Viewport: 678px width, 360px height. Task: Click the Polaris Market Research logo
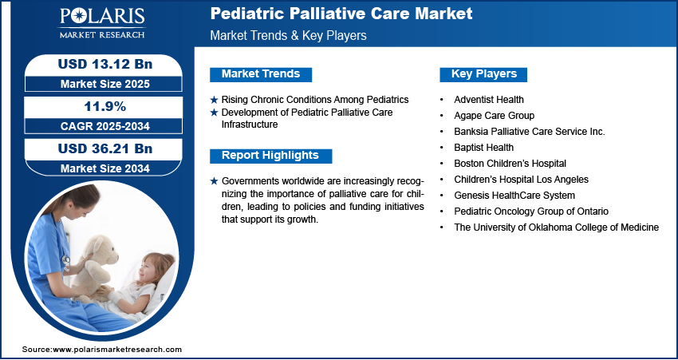click(x=102, y=23)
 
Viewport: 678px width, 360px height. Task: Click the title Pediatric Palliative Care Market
click(x=341, y=14)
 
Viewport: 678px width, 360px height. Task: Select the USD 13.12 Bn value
click(x=105, y=65)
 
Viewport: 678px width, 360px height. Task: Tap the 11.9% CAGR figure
click(x=106, y=106)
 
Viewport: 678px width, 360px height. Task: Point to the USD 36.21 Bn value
click(x=105, y=148)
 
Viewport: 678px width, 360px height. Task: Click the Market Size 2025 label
click(x=105, y=84)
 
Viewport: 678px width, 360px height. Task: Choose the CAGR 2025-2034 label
click(x=105, y=126)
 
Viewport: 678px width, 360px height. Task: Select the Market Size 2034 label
click(x=105, y=168)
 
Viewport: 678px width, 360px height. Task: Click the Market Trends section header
click(x=261, y=74)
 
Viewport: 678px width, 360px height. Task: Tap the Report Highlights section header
click(x=270, y=156)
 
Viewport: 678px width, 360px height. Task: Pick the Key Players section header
click(x=484, y=74)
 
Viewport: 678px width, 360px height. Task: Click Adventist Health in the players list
click(x=489, y=100)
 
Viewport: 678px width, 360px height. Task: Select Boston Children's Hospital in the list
click(x=510, y=164)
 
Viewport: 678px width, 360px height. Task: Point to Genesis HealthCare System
click(x=514, y=196)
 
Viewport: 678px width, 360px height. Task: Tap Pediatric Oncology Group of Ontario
click(x=531, y=212)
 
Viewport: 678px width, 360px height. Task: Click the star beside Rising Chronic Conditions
click(x=214, y=100)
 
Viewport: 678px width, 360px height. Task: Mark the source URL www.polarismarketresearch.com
click(x=117, y=349)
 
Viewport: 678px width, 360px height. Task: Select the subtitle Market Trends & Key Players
click(x=289, y=35)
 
